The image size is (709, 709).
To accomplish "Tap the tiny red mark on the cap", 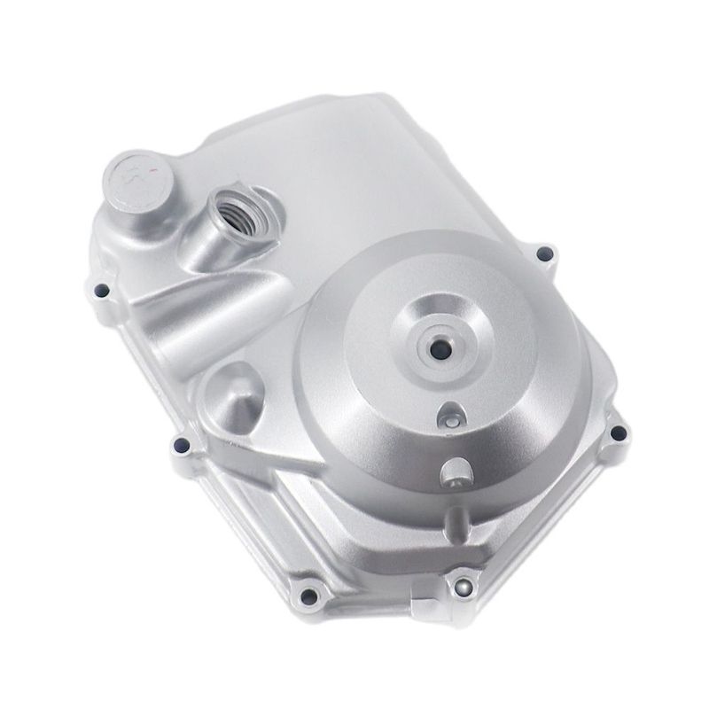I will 153,169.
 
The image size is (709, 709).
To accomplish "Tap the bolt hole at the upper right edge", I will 543,255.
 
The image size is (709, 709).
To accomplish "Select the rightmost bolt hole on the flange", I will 618,433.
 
